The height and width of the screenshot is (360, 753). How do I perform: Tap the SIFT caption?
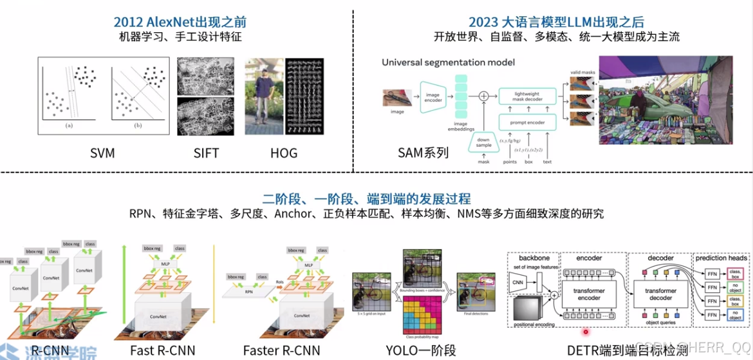click(206, 153)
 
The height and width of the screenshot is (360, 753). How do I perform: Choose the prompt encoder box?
click(527, 122)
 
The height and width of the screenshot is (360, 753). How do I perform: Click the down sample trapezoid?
click(484, 142)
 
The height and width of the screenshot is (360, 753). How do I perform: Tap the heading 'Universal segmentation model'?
click(449, 62)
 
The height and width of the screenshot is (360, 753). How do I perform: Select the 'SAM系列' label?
click(423, 153)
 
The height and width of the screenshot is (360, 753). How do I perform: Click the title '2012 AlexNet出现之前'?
click(181, 21)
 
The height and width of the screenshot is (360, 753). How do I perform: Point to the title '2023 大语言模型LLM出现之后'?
click(556, 21)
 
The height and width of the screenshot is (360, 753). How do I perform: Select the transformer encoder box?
click(589, 294)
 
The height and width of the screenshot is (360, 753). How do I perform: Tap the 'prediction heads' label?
click(721, 258)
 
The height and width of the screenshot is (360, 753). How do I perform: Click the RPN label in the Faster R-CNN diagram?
click(248, 290)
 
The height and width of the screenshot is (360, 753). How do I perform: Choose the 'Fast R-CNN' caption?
click(162, 350)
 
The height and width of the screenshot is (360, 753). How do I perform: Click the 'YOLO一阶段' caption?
click(421, 350)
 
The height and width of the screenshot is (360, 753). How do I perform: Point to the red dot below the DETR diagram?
click(586, 332)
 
